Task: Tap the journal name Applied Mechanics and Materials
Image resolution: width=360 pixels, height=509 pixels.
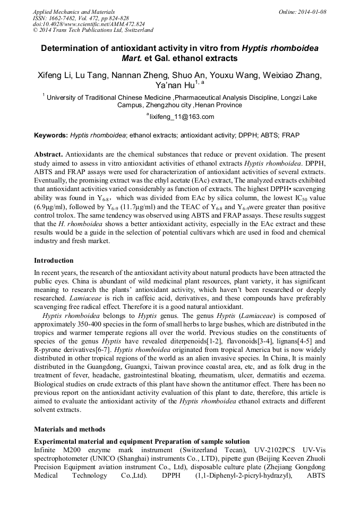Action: click(73, 12)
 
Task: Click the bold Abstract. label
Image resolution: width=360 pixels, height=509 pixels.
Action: click(49, 153)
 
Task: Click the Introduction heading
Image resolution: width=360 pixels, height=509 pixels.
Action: click(54, 261)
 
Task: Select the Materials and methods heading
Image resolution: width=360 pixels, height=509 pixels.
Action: click(70, 429)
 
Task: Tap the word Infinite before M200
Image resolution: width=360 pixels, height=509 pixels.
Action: click(47, 450)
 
